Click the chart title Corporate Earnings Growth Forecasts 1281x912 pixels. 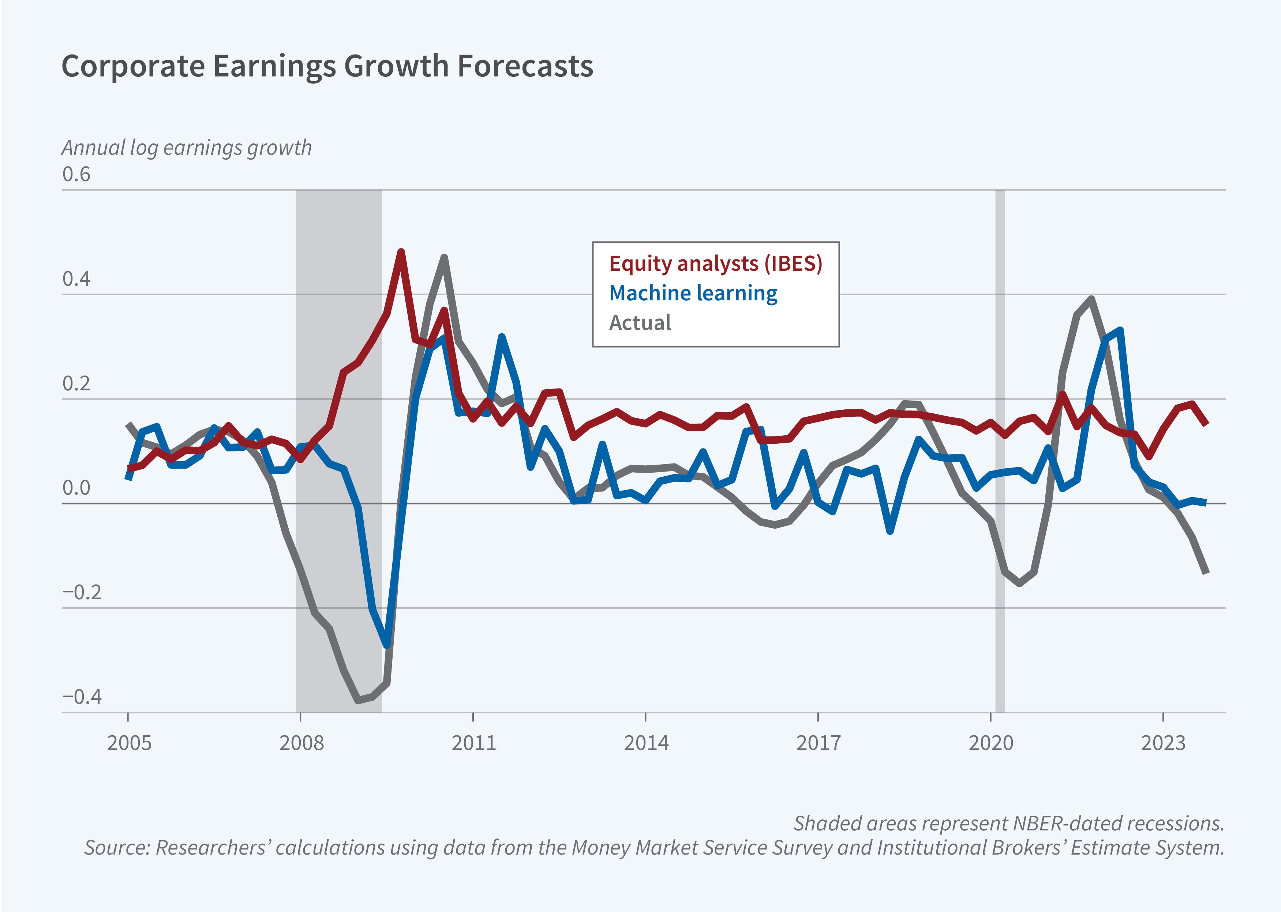click(x=327, y=66)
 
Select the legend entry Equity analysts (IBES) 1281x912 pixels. click(x=715, y=263)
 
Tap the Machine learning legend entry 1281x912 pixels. click(x=693, y=293)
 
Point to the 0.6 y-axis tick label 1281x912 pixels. click(x=76, y=174)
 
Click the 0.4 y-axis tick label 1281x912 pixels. click(x=76, y=279)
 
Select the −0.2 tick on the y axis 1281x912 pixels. click(x=82, y=593)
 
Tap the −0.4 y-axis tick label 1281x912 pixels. click(x=82, y=697)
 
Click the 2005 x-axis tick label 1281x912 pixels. click(x=129, y=743)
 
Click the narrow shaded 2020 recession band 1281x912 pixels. click(x=1000, y=449)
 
